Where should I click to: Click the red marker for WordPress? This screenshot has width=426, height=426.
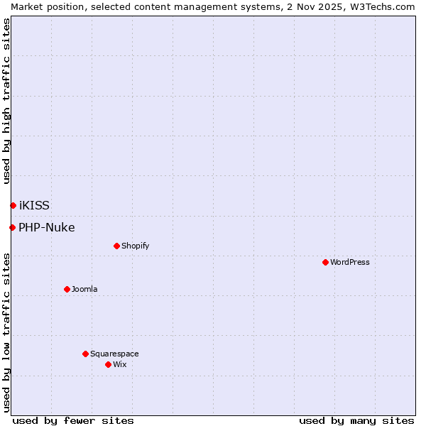pyautogui.click(x=325, y=262)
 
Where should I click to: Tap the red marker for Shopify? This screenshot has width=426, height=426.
pyautogui.click(x=116, y=246)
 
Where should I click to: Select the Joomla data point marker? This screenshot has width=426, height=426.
pyautogui.click(x=67, y=289)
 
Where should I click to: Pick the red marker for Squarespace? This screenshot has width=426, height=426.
pyautogui.click(x=85, y=354)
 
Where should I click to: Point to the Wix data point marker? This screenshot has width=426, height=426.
pyautogui.click(x=108, y=364)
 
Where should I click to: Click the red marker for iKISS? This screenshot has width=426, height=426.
pyautogui.click(x=13, y=205)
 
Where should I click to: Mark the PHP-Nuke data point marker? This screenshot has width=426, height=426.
pyautogui.click(x=12, y=227)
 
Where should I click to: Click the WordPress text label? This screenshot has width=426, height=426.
pyautogui.click(x=350, y=262)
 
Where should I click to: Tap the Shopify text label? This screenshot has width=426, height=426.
pyautogui.click(x=135, y=246)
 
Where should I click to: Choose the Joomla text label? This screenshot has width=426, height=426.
pyautogui.click(x=84, y=289)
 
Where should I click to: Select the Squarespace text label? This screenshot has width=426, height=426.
pyautogui.click(x=114, y=354)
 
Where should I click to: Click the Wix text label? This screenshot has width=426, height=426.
pyautogui.click(x=119, y=364)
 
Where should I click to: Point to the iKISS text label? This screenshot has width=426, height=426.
pyautogui.click(x=34, y=205)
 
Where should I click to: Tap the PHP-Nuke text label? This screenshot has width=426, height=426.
pyautogui.click(x=46, y=227)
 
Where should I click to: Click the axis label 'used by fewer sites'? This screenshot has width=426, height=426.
pyautogui.click(x=73, y=420)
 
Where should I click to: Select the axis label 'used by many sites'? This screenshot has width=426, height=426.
pyautogui.click(x=356, y=420)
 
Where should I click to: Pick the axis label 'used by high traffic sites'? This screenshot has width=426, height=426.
pyautogui.click(x=7, y=101)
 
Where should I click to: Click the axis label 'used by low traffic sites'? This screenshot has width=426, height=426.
pyautogui.click(x=7, y=332)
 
